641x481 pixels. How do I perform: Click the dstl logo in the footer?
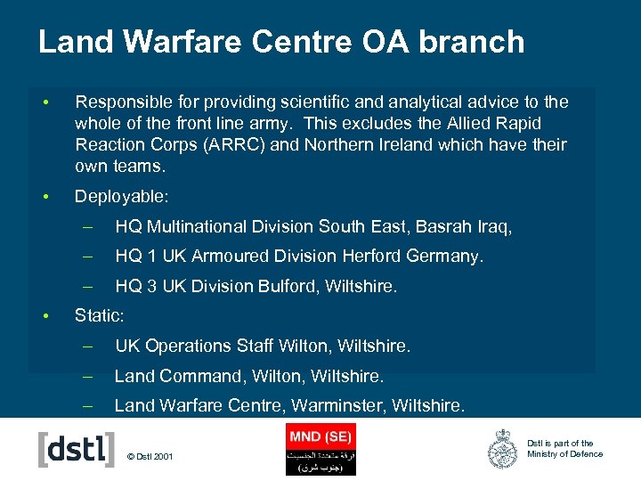(x=77, y=449)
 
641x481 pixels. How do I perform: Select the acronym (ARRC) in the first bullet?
(x=260, y=145)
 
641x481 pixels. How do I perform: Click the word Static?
(x=99, y=315)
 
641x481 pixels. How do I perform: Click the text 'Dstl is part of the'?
(x=560, y=443)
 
